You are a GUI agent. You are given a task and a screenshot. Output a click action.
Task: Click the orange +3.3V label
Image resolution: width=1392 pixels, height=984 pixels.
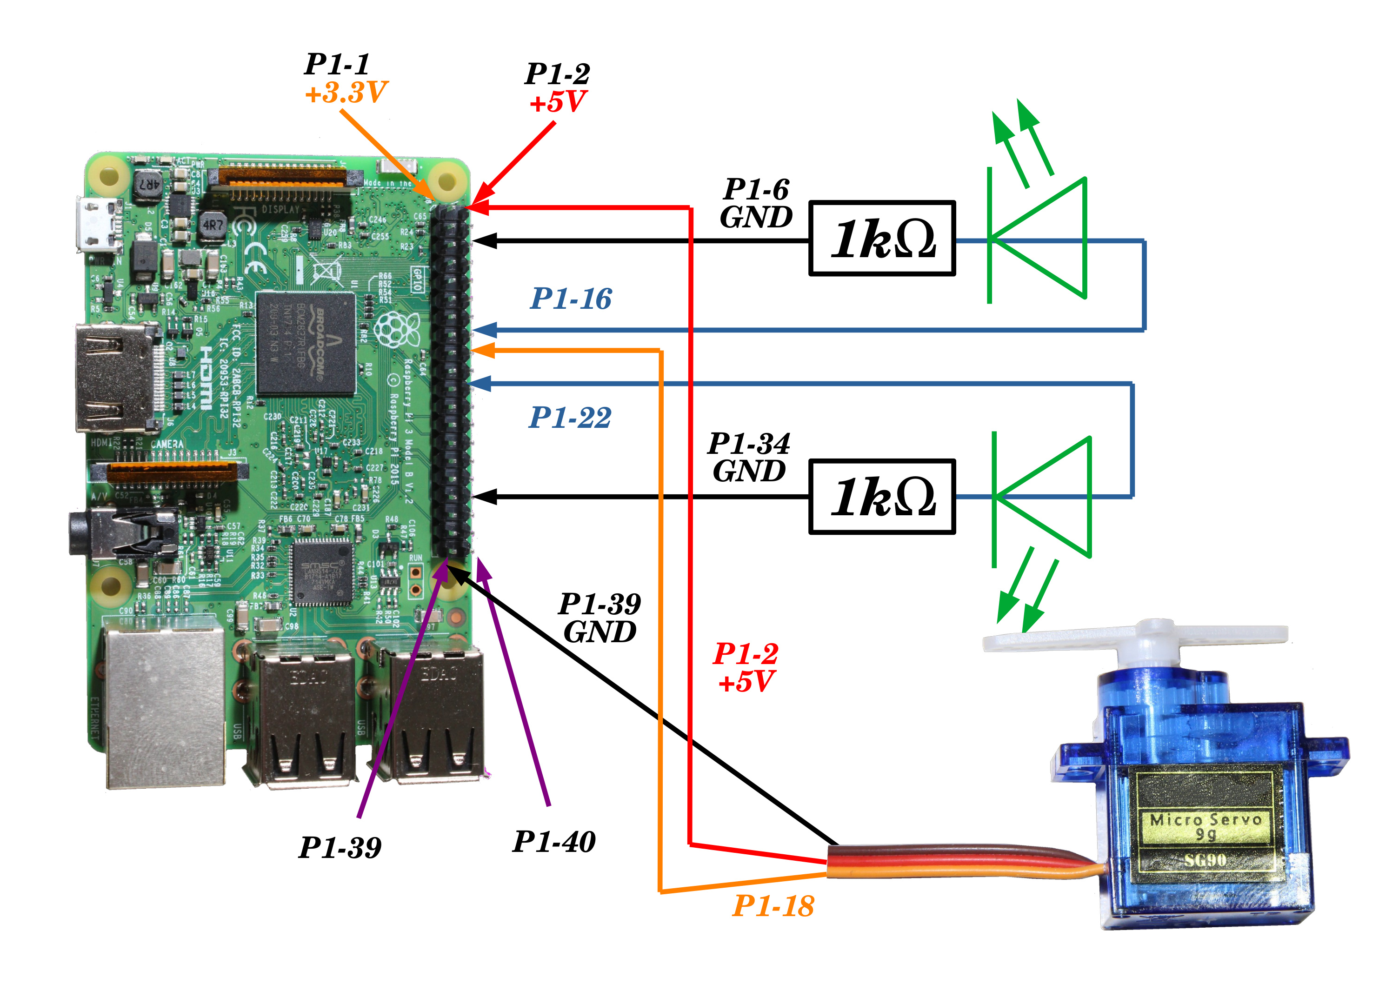(346, 93)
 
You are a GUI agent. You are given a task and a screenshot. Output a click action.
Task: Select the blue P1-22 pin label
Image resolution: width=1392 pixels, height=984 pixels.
(570, 418)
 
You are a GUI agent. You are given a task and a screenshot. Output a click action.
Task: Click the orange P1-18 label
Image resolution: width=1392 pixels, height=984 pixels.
(773, 906)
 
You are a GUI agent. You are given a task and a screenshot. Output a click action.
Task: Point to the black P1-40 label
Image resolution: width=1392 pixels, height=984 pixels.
(553, 842)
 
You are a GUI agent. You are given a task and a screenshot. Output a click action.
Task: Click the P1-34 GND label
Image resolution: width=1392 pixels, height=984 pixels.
(749, 458)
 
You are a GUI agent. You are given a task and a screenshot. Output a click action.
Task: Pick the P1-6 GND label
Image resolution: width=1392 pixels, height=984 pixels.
(756, 204)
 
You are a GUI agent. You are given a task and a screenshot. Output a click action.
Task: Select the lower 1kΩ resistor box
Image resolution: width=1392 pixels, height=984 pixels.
(882, 497)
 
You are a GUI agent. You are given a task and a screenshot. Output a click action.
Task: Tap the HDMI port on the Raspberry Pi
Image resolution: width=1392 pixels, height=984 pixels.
(115, 379)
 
